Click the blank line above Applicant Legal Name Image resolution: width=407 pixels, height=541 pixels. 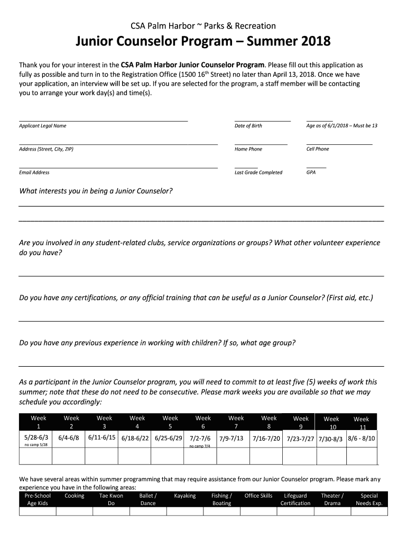[103, 119]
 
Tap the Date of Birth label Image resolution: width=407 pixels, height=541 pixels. [248, 126]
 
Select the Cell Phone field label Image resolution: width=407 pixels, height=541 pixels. [317, 149]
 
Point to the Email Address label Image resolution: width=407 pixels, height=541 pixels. [34, 172]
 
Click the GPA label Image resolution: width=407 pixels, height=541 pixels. [311, 172]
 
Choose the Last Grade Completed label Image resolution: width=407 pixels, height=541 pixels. [258, 172]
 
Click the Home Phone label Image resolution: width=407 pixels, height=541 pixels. [248, 149]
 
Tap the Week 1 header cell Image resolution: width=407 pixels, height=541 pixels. [38, 422]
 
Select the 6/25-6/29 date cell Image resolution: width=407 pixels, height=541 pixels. [169, 439]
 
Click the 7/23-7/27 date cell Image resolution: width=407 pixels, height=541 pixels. [300, 439]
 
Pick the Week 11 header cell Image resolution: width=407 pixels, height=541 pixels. [362, 423]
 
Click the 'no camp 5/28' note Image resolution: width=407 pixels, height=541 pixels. [36, 445]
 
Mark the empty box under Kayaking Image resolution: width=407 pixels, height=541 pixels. [184, 511]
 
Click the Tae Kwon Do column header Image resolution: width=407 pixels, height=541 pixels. [111, 499]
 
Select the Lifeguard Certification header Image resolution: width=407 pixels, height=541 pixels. [295, 499]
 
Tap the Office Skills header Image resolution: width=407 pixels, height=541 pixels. [258, 496]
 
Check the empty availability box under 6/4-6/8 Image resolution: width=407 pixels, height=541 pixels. [71, 455]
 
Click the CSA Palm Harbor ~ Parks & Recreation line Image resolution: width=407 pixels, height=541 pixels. [203, 26]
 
